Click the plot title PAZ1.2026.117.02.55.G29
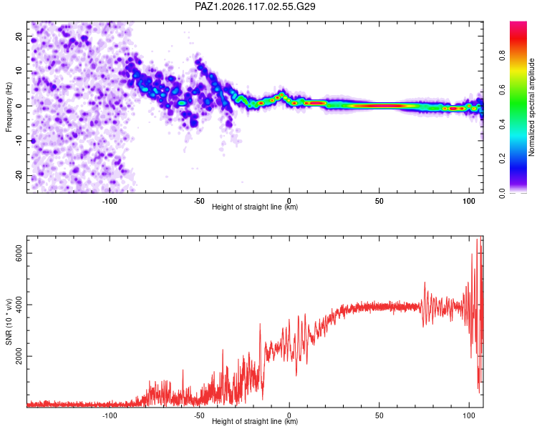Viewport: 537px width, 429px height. (255, 6)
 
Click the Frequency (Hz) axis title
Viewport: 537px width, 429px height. (9, 107)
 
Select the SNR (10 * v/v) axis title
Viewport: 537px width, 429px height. (9, 322)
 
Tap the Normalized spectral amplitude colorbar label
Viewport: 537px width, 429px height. (531, 107)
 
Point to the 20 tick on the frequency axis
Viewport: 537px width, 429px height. (19, 36)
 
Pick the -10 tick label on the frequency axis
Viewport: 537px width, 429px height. (19, 141)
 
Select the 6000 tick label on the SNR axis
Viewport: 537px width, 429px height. (19, 253)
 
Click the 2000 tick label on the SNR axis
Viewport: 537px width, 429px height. (19, 356)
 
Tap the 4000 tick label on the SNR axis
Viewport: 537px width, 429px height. (19, 305)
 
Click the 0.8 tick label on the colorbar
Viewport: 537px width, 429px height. (502, 56)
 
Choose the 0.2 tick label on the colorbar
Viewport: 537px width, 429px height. (502, 159)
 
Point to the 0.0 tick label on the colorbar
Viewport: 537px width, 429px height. (502, 193)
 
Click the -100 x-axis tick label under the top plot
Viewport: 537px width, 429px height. (110, 201)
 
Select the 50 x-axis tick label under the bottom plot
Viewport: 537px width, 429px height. (379, 415)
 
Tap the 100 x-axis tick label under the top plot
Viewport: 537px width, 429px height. (469, 201)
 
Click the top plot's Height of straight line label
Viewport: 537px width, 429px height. (255, 207)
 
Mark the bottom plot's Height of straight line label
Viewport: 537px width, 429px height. (255, 421)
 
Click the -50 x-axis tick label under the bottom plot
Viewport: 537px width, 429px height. (199, 415)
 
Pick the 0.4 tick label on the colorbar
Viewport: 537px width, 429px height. (502, 124)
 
